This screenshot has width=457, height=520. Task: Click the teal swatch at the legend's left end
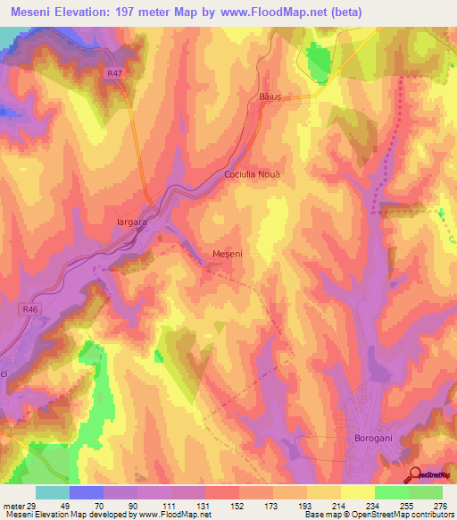pyautogui.click(x=53, y=492)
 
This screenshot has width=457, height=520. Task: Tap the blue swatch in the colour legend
pyautogui.click(x=87, y=492)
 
